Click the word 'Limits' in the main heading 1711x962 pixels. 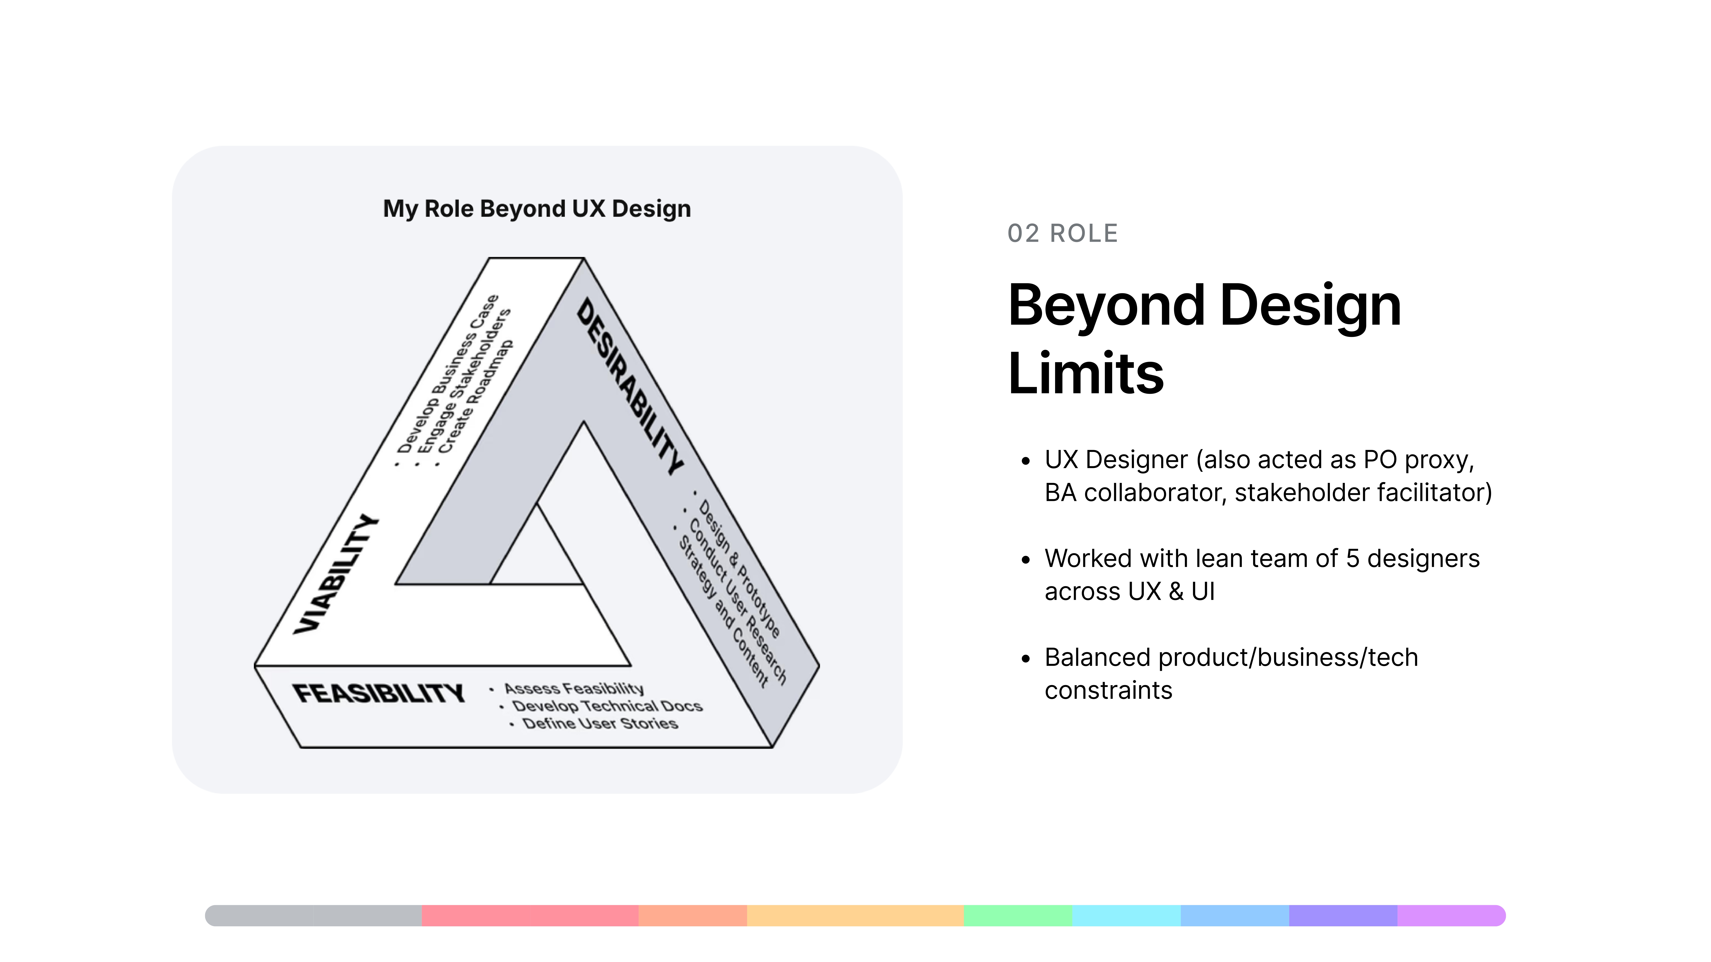tap(1086, 373)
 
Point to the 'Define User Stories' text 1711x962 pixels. tap(600, 723)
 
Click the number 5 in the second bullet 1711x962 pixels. tap(1352, 558)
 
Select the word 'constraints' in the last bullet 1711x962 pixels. tap(1109, 691)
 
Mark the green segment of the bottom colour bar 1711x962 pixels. tap(1018, 916)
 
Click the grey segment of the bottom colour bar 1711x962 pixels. tap(314, 916)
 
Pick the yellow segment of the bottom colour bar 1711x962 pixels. tap(855, 916)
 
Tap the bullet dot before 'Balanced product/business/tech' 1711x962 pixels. tap(1026, 659)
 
